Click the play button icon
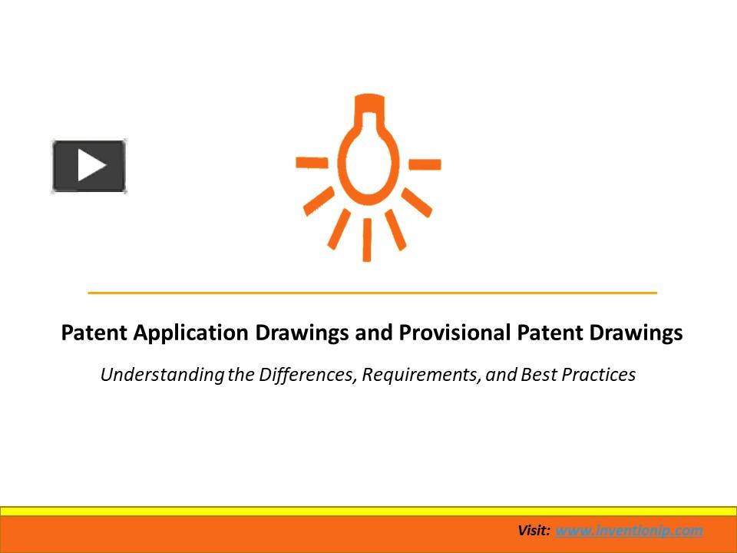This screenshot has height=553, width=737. coord(89,165)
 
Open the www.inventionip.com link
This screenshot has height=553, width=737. coord(629,531)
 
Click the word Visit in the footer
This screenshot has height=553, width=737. coord(534,531)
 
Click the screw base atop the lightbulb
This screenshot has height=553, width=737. coord(368,102)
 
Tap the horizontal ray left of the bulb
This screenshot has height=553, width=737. coord(312,162)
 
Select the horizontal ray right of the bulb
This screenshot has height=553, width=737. coord(425,164)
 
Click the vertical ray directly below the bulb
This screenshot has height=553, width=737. coord(367,240)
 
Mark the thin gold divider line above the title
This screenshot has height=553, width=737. coord(372,293)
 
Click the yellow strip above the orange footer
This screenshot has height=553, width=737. coord(368,511)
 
